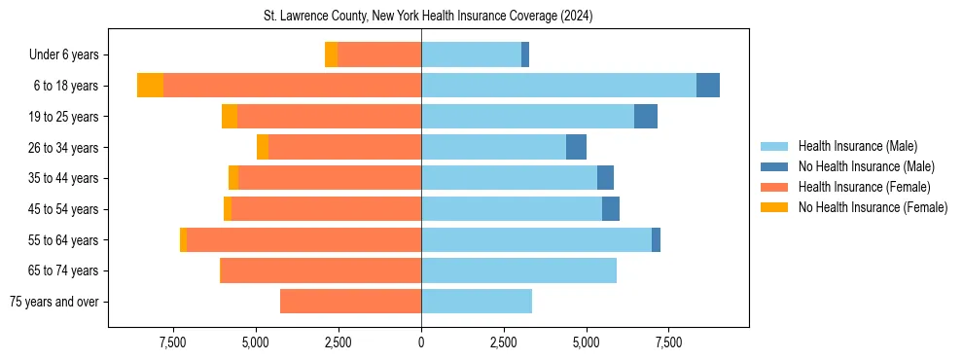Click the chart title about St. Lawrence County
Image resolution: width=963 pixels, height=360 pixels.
pos(428,17)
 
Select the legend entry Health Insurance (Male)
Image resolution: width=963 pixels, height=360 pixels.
pos(857,146)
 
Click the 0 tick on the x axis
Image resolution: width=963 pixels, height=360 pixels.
pos(421,343)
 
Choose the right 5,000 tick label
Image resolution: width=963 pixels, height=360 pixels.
pos(587,343)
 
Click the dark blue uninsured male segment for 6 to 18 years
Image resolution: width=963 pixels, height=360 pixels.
pos(708,86)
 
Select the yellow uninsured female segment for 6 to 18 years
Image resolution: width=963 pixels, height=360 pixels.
pos(150,86)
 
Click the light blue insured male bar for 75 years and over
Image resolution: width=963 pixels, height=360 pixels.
pos(477,302)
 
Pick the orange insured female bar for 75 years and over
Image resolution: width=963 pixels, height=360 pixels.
pos(350,302)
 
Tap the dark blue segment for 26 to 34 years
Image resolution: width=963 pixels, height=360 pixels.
pos(576,147)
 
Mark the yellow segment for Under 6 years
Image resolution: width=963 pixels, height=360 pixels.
pos(331,54)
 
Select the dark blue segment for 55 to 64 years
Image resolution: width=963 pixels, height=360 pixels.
pos(656,239)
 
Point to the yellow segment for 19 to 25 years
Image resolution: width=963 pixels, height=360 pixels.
pos(230,117)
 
